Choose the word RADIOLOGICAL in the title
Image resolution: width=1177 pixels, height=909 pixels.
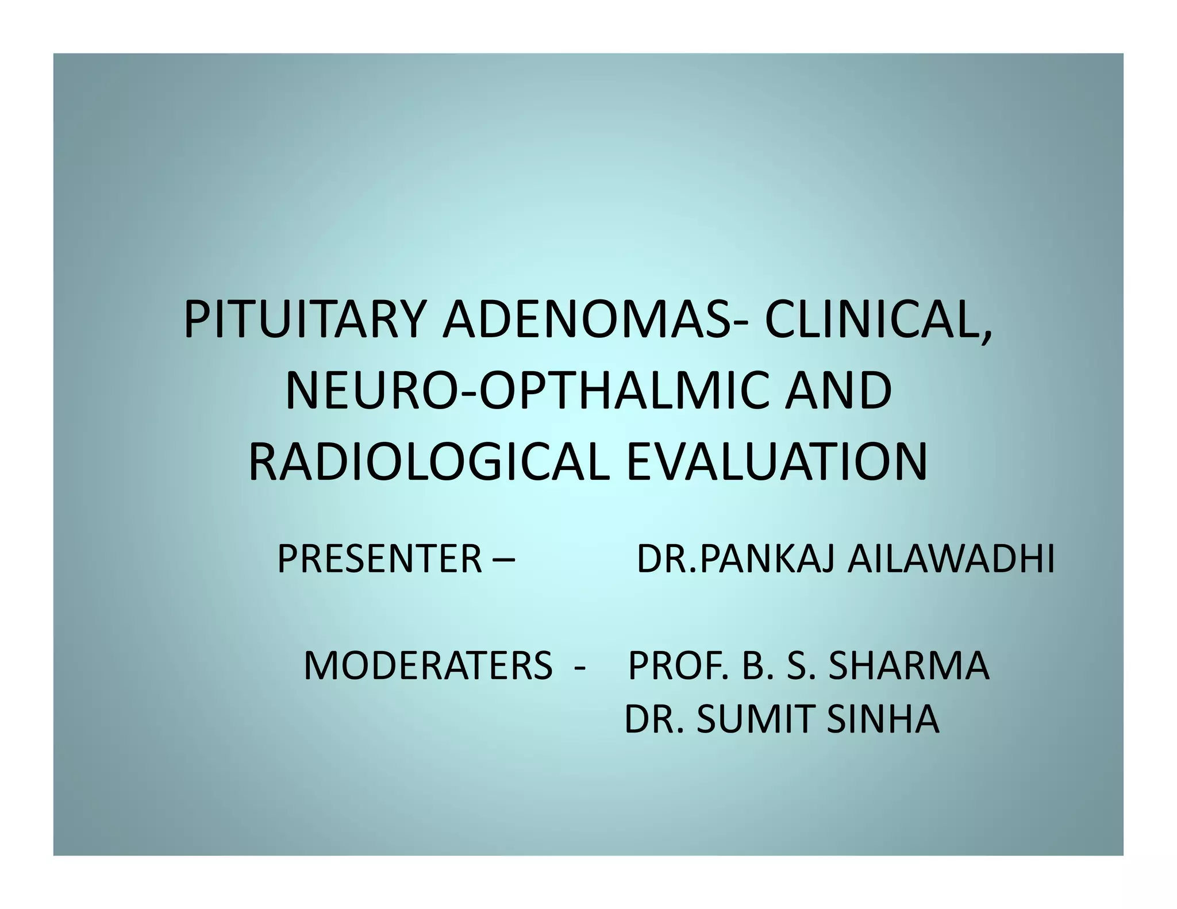[429, 462]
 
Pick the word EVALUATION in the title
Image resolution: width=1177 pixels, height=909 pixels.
[776, 462]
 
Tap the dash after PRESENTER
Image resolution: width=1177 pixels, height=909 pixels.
[503, 560]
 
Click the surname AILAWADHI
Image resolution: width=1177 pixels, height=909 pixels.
[951, 560]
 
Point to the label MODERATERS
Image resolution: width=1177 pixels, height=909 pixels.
[428, 667]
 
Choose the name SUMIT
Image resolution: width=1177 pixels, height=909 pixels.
[756, 719]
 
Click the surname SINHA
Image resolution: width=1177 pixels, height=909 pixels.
[883, 719]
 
